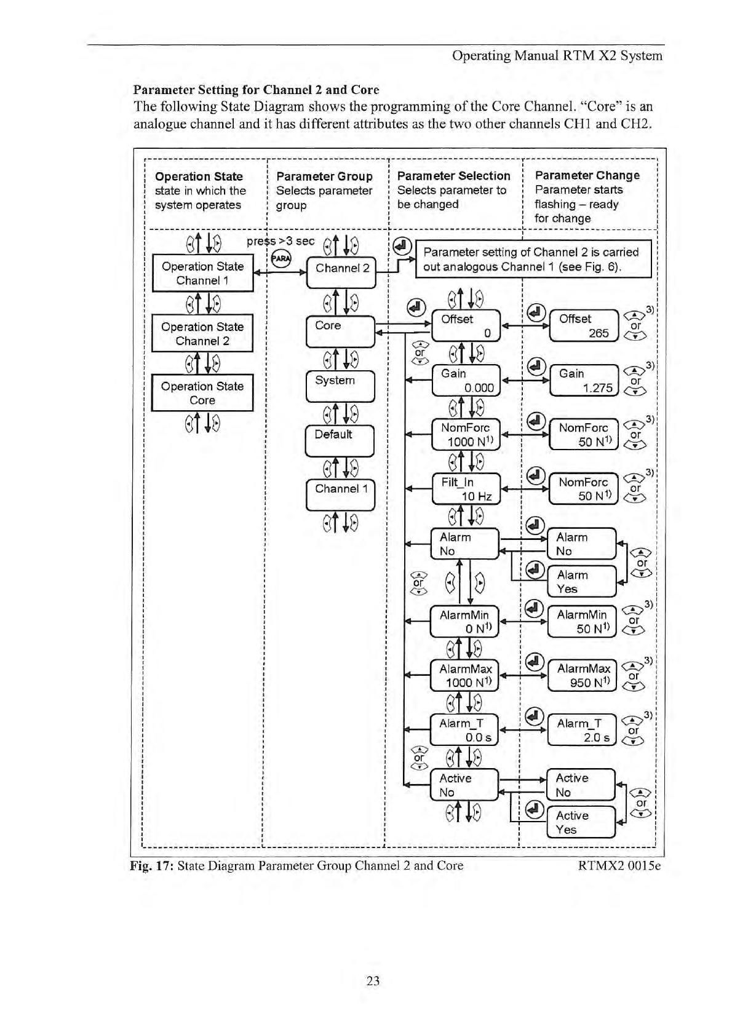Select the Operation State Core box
[x=202, y=393]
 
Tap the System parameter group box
[x=340, y=386]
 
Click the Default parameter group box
[x=340, y=440]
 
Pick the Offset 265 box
[x=584, y=326]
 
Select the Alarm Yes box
[x=581, y=582]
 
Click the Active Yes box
[x=581, y=822]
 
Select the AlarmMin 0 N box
[x=465, y=622]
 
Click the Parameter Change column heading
[x=587, y=175]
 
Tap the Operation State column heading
[x=199, y=176]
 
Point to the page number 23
[x=373, y=980]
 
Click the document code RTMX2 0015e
[x=619, y=866]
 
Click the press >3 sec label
[x=280, y=241]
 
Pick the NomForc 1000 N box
[x=466, y=435]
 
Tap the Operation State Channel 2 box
[x=202, y=334]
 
